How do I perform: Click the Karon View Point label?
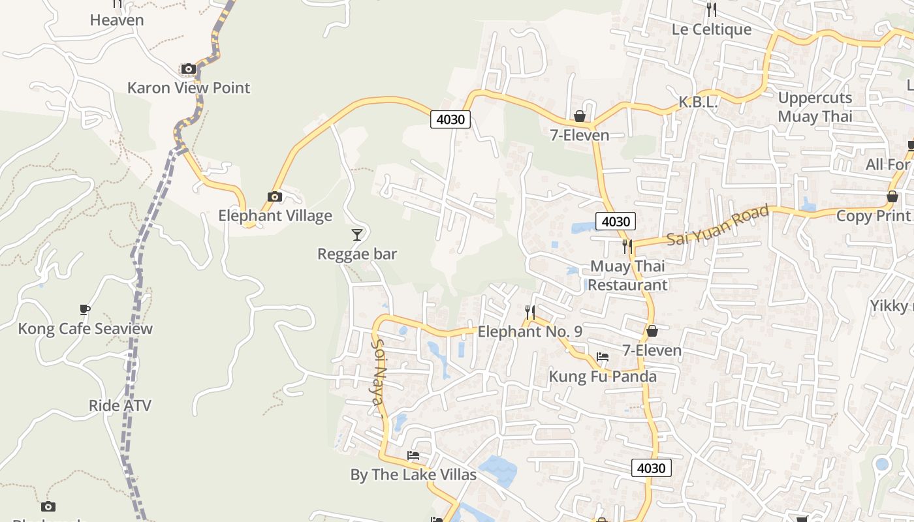(189, 87)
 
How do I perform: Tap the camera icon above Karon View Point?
(189, 69)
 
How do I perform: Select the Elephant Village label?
(275, 215)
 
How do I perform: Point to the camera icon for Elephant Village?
(275, 196)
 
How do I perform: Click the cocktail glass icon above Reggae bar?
(356, 234)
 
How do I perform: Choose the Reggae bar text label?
(357, 254)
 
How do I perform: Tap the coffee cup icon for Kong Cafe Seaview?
(84, 309)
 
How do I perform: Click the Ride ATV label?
(120, 406)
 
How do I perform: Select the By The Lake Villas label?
(413, 474)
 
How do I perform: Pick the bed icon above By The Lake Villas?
(413, 455)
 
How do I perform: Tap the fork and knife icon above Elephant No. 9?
(530, 312)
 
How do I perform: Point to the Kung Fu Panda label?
(603, 376)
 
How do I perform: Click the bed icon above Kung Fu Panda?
(603, 357)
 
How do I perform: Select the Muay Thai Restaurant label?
(627, 275)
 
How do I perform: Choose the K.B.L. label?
(698, 102)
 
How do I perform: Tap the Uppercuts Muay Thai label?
(815, 107)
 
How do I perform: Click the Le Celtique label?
(712, 29)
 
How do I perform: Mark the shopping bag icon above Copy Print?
(892, 196)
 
